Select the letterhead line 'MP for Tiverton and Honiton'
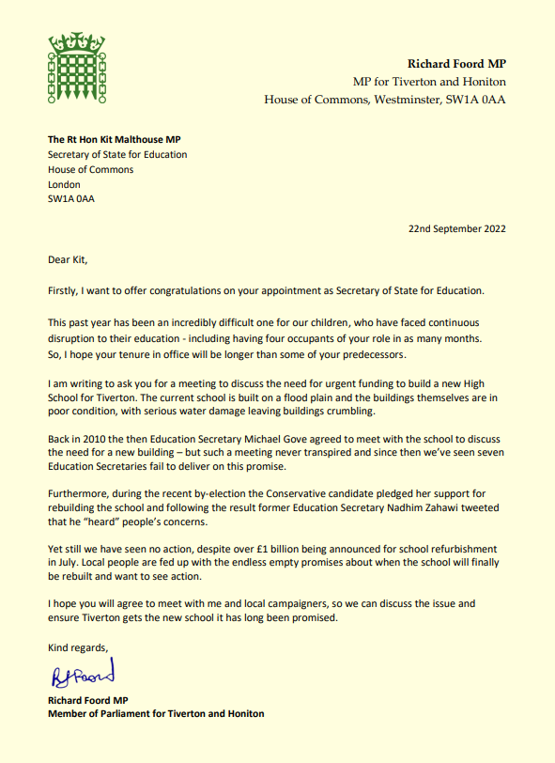tap(429, 81)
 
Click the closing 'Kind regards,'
tap(79, 647)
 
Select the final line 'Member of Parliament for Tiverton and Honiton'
tap(156, 713)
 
